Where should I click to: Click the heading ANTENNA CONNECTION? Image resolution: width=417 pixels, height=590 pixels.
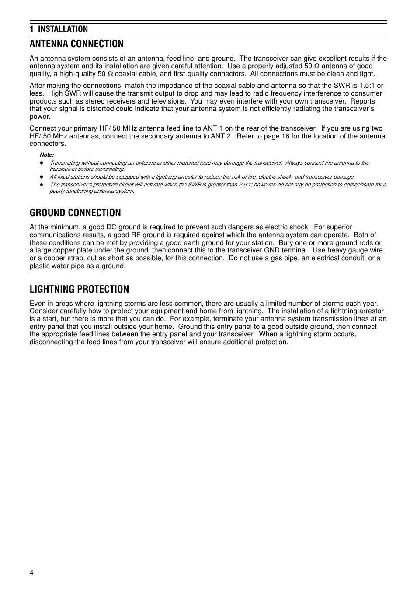click(x=76, y=44)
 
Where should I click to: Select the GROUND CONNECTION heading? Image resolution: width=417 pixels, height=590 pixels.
click(x=75, y=213)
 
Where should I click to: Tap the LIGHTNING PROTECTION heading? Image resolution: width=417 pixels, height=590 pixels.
click(x=79, y=289)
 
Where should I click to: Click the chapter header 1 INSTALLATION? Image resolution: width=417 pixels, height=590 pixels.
click(x=59, y=29)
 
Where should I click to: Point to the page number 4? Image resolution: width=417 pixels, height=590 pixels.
click(x=31, y=573)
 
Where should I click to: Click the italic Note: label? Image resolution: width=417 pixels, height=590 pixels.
click(x=47, y=155)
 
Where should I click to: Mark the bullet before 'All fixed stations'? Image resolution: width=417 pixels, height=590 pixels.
click(x=42, y=177)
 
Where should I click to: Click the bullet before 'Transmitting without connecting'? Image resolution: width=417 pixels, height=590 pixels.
click(x=42, y=163)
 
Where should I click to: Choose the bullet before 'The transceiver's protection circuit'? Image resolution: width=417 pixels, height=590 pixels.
click(x=42, y=185)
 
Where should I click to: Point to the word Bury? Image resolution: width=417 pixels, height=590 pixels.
click(x=285, y=243)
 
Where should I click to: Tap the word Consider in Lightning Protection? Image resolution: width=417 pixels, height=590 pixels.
click(x=43, y=311)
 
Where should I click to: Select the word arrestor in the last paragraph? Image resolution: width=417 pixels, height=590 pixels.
click(x=371, y=311)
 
